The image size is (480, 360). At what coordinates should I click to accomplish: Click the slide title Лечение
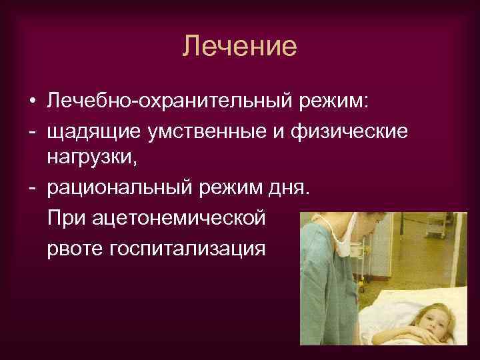239,47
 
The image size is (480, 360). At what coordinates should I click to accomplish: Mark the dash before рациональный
32,189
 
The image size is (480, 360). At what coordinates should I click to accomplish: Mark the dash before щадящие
32,132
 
